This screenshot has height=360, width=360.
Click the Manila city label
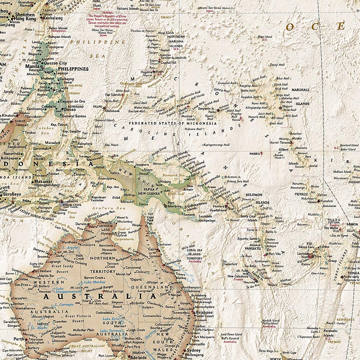pos(32,67)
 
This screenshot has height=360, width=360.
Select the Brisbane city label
pos(204,312)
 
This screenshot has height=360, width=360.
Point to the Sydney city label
pos(194,351)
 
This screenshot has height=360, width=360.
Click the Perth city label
pos(19,339)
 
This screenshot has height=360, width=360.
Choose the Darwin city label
pos(81,224)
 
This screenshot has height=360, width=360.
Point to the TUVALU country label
pos(301,194)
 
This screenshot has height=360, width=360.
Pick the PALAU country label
pos(98,107)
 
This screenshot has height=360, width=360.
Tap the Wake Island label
pos(265,37)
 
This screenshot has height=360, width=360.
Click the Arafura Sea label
pos(103,208)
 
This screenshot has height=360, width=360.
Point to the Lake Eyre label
pos(111,319)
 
